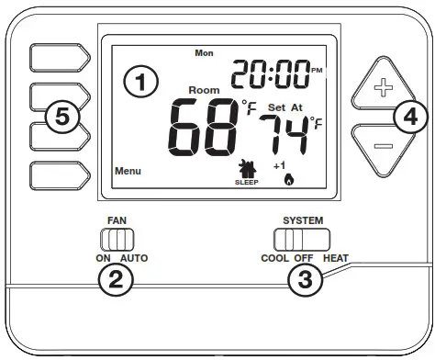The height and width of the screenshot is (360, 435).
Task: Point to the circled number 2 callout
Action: pos(116,281)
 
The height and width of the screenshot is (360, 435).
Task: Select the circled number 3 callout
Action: pos(307,280)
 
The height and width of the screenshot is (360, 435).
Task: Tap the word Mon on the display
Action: pos(204,52)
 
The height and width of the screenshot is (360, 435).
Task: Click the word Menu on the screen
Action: pos(128,171)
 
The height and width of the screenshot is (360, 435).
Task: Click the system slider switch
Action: pos(301,241)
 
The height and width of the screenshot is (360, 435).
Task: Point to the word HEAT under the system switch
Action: pos(335,259)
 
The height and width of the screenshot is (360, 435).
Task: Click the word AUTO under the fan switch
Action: pos(133,259)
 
